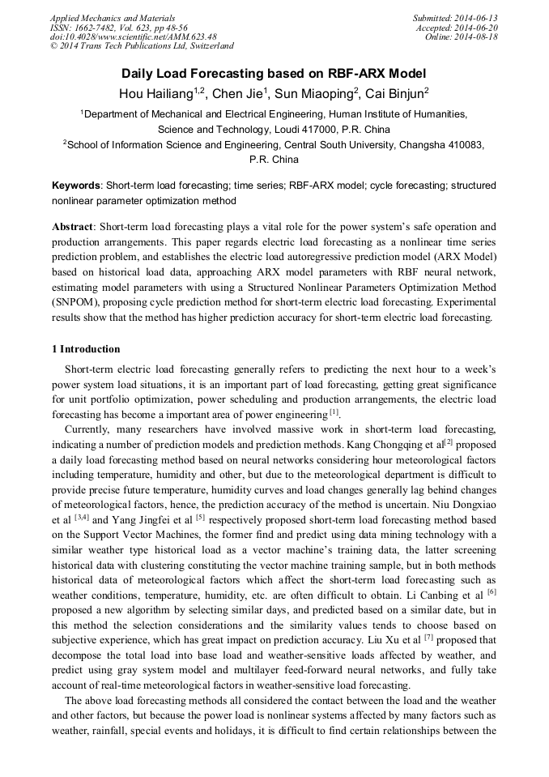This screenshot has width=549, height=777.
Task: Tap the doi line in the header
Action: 133,36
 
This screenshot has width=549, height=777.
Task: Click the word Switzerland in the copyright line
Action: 206,46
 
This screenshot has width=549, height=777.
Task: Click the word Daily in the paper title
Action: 141,73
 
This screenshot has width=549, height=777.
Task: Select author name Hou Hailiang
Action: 154,94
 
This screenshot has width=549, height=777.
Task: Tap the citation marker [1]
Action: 334,412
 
